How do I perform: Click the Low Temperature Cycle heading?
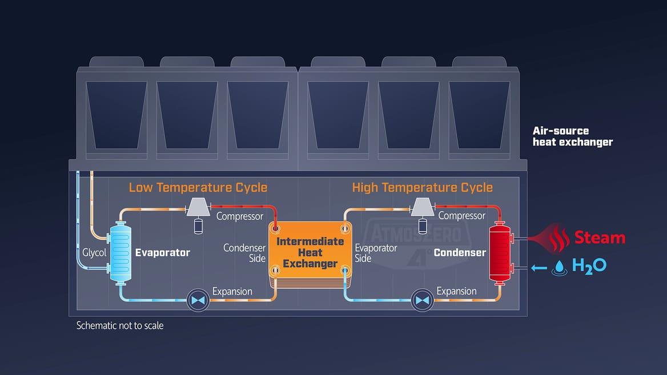(x=198, y=187)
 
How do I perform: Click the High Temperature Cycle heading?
(x=422, y=187)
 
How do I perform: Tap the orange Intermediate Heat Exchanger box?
(x=310, y=252)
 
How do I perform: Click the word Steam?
(x=599, y=237)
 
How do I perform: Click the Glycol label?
(x=94, y=252)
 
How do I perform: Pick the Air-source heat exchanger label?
(x=572, y=136)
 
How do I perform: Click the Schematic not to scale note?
(x=120, y=325)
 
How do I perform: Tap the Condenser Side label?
(x=244, y=253)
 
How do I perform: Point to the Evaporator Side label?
(x=376, y=253)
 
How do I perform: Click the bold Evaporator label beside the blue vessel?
(x=162, y=252)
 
